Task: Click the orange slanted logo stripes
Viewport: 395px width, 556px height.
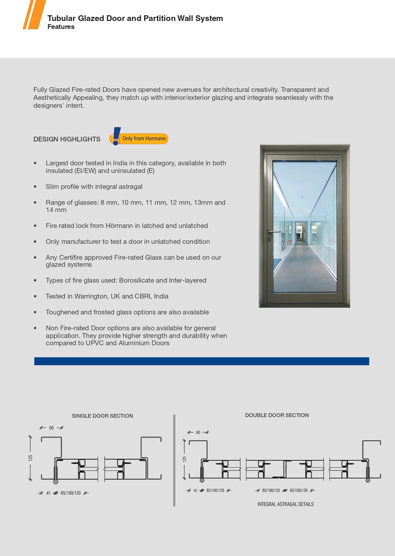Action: pyautogui.click(x=34, y=15)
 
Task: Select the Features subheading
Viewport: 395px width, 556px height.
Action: pyautogui.click(x=61, y=27)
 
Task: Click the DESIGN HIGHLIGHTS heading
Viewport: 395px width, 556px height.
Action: pyautogui.click(x=67, y=139)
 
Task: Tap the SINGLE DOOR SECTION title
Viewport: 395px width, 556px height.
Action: pyautogui.click(x=102, y=416)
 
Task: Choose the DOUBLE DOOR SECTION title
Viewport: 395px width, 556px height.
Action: pyautogui.click(x=277, y=415)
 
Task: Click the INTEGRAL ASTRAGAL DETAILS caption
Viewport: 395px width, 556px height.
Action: pyautogui.click(x=286, y=504)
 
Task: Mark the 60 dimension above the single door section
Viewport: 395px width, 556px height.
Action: pyautogui.click(x=51, y=428)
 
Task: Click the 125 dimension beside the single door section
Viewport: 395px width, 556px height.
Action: pyautogui.click(x=31, y=458)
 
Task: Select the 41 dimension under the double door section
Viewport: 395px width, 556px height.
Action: pyautogui.click(x=195, y=491)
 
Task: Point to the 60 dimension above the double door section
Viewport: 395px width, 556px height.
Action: pyautogui.click(x=198, y=432)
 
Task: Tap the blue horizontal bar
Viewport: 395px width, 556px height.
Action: pyautogui.click(x=201, y=361)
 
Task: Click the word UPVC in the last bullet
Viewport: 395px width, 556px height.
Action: pyautogui.click(x=95, y=343)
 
